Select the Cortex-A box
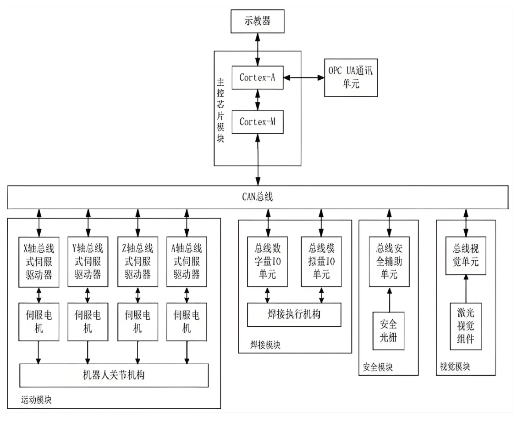[x=257, y=77]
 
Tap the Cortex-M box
[x=257, y=122]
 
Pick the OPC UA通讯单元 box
[x=351, y=77]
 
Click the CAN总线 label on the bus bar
[x=258, y=197]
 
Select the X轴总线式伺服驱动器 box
[x=39, y=262]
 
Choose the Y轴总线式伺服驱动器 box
[x=88, y=262]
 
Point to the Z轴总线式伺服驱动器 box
[x=137, y=262]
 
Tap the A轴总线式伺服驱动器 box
[x=187, y=262]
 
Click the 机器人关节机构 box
[x=114, y=375]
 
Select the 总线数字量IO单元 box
[x=268, y=262]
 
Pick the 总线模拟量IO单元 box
[x=321, y=262]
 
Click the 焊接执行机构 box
[x=294, y=315]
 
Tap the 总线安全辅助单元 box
[x=389, y=262]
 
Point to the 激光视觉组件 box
[x=466, y=326]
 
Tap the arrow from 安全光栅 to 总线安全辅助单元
[x=389, y=299]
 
